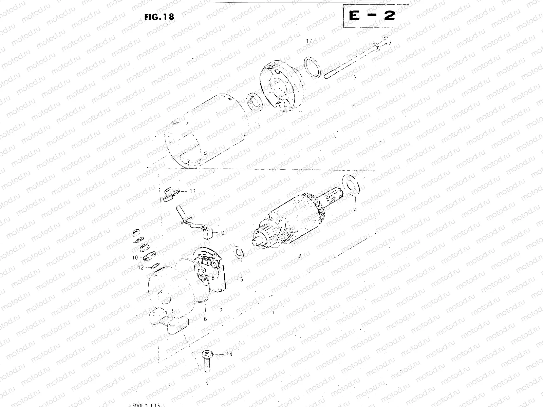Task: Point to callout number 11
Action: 192,191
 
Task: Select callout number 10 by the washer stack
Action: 135,258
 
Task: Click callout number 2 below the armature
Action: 299,256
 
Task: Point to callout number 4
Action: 355,210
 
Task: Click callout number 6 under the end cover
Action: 205,319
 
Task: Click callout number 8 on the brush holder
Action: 212,277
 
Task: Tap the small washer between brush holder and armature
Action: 240,253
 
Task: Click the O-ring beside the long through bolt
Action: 313,67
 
